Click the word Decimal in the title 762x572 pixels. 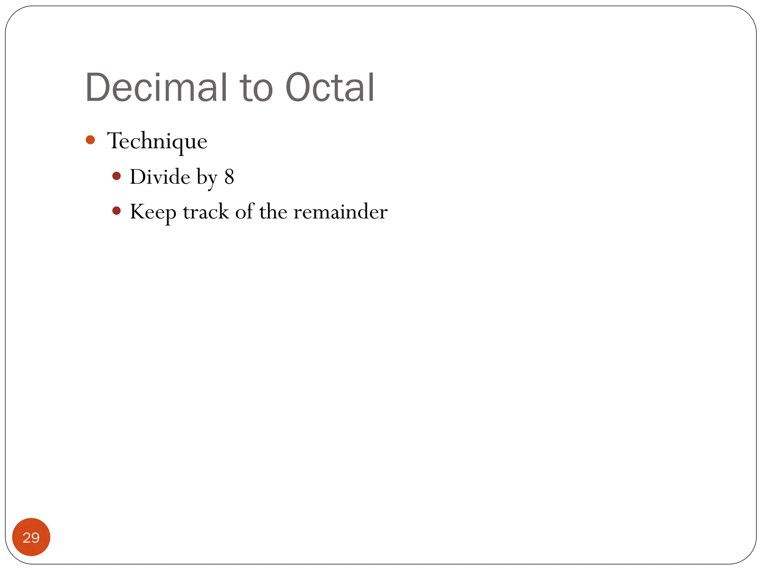pyautogui.click(x=156, y=88)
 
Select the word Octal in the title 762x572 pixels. pyautogui.click(x=330, y=88)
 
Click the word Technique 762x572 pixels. pyautogui.click(x=157, y=141)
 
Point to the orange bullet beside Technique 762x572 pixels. pyautogui.click(x=90, y=140)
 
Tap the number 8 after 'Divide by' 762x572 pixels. pyautogui.click(x=229, y=177)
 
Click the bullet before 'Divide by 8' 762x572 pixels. pyautogui.click(x=116, y=176)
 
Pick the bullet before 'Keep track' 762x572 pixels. pyautogui.click(x=116, y=211)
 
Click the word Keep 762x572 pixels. pyautogui.click(x=153, y=212)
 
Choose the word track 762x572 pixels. pyautogui.click(x=206, y=212)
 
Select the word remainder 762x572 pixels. pyautogui.click(x=340, y=212)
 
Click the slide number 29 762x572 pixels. pyautogui.click(x=31, y=537)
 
